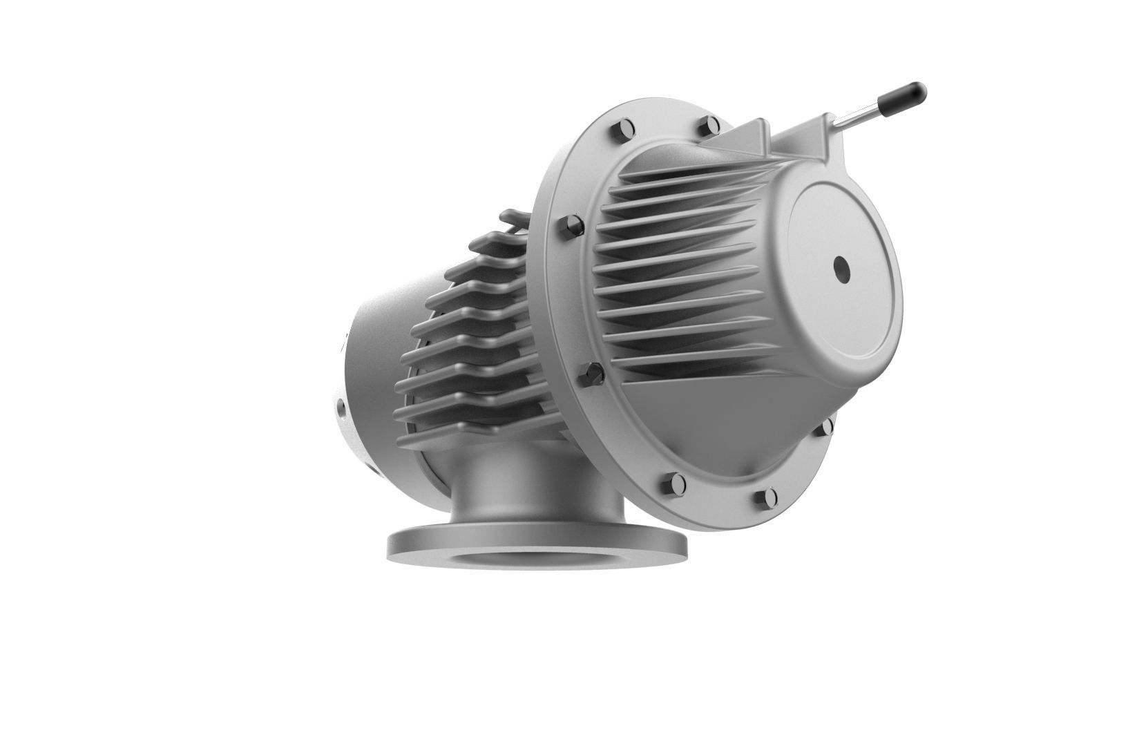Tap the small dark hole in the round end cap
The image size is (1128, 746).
coord(841,267)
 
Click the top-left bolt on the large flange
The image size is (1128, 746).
coord(620,130)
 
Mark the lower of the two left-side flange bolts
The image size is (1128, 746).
coord(591,376)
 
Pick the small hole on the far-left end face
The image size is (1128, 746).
coord(342,409)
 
